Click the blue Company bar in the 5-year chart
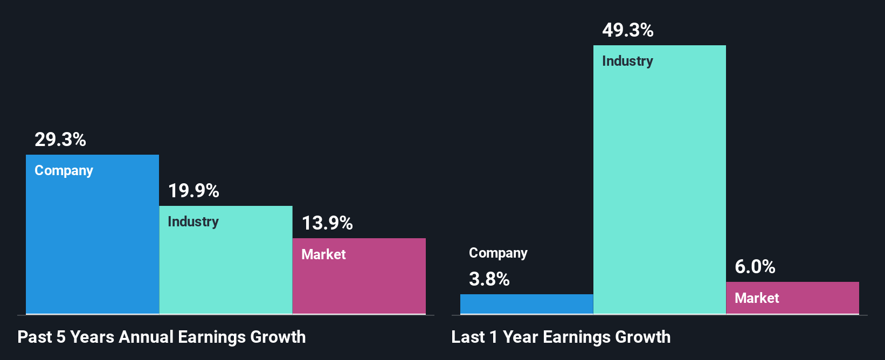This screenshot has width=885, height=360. [x=92, y=243]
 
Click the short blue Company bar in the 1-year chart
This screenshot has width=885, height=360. [x=526, y=304]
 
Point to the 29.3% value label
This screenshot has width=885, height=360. [x=60, y=140]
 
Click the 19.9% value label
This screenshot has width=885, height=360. [x=193, y=191]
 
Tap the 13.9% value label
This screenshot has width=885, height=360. [x=327, y=223]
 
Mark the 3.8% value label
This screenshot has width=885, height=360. [x=489, y=279]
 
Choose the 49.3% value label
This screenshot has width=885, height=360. [x=628, y=30]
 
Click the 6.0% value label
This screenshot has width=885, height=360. [x=755, y=267]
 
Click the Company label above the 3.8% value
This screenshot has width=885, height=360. [x=498, y=253]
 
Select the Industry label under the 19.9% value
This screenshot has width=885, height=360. [x=193, y=221]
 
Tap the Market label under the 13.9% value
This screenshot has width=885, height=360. [x=323, y=254]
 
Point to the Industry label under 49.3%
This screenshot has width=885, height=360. [x=627, y=61]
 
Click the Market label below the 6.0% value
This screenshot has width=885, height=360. [x=757, y=298]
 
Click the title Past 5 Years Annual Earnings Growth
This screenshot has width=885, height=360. [x=162, y=337]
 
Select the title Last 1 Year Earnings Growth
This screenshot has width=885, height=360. [x=561, y=337]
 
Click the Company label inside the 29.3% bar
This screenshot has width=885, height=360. [x=64, y=170]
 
